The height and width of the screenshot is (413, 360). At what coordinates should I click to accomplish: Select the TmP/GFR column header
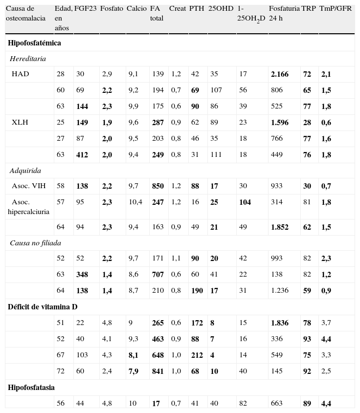click(x=335, y=9)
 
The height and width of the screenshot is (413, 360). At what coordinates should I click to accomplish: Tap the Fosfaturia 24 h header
click(x=284, y=13)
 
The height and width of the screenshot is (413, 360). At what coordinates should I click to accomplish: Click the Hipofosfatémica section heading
click(x=34, y=43)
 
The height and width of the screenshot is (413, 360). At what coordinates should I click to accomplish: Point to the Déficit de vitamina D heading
click(x=43, y=307)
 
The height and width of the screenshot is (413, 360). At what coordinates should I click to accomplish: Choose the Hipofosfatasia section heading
click(x=31, y=388)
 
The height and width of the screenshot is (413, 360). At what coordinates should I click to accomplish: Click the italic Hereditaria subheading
click(x=28, y=59)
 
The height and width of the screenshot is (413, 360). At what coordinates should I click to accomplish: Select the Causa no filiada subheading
click(x=35, y=243)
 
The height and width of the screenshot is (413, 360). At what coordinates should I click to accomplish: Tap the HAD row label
click(x=20, y=74)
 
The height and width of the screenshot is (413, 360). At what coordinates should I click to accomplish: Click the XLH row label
click(x=20, y=123)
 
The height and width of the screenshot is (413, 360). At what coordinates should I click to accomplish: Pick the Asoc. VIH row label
click(x=28, y=186)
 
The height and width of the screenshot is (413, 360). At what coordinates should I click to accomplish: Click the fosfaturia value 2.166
click(x=279, y=74)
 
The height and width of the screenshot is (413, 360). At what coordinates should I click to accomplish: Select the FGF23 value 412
click(x=82, y=155)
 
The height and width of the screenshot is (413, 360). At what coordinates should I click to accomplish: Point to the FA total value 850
click(x=157, y=186)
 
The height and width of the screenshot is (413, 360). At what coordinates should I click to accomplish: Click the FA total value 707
click(x=157, y=275)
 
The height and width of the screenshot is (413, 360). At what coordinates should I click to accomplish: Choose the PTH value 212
click(x=197, y=355)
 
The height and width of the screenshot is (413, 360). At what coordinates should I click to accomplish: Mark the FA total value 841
click(x=157, y=371)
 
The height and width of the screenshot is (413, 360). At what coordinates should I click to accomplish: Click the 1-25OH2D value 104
click(x=245, y=202)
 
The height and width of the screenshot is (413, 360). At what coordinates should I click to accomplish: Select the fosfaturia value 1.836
click(x=279, y=323)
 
